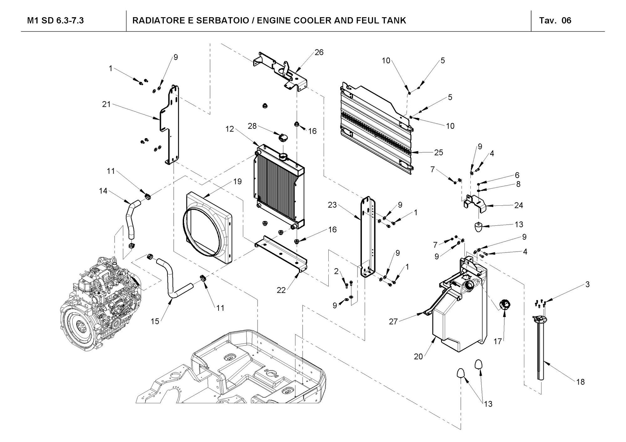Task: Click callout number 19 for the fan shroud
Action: [238, 182]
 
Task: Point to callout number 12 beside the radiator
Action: [229, 129]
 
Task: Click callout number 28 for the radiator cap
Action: [252, 126]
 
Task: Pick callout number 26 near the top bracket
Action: [319, 52]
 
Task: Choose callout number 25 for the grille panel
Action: [439, 152]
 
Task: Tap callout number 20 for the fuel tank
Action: [418, 356]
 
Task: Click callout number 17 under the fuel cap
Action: [498, 342]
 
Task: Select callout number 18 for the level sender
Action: [580, 382]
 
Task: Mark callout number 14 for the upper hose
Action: [103, 191]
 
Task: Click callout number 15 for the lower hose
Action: [155, 321]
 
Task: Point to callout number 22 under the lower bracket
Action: [281, 290]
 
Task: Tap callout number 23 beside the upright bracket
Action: [332, 205]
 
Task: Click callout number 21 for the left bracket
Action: [106, 104]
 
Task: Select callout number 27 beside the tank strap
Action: [393, 321]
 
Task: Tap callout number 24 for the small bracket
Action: [518, 205]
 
